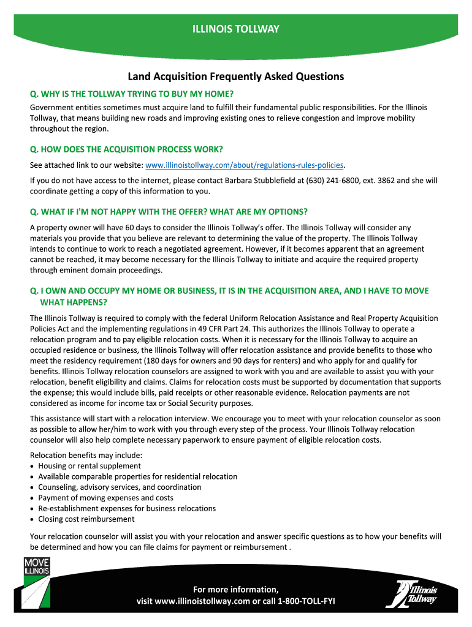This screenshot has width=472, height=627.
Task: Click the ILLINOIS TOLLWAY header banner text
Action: pos(236,29)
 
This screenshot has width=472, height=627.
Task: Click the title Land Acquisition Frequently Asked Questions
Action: pos(236,77)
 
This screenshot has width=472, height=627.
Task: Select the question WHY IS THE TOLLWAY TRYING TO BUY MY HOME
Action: pos(132,94)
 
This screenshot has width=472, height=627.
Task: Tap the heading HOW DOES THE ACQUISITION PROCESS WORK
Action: pos(126,149)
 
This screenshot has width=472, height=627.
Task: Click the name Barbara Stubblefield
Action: pos(273,181)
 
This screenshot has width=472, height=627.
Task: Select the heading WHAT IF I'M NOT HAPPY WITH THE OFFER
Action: pos(169,212)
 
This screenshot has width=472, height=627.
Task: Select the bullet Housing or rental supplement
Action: pos(89,466)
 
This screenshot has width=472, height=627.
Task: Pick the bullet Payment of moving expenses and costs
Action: pos(105,498)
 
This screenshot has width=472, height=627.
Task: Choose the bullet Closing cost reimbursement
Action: pos(86,519)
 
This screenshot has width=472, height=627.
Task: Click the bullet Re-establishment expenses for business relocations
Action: pos(127,508)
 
